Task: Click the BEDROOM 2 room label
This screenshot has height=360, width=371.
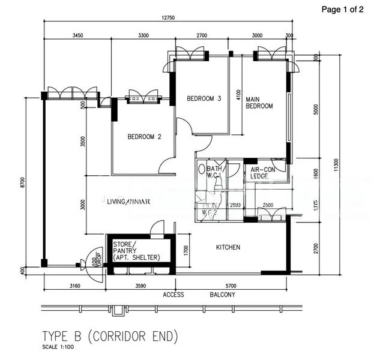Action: click(x=144, y=136)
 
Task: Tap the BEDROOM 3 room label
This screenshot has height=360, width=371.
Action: click(x=204, y=98)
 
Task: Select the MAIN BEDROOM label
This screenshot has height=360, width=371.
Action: click(x=259, y=103)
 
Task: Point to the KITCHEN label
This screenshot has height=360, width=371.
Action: click(x=228, y=247)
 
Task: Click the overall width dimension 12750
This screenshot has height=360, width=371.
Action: click(x=167, y=18)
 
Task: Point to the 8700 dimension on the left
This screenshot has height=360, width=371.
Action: click(x=22, y=181)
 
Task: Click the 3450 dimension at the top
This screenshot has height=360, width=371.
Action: click(x=77, y=36)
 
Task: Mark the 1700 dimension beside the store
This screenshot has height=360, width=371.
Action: click(x=187, y=249)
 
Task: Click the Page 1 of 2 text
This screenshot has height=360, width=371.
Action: click(x=342, y=9)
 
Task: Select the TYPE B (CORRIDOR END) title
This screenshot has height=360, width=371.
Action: click(x=110, y=334)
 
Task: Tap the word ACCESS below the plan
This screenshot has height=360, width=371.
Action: click(x=173, y=295)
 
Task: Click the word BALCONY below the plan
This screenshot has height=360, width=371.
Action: click(x=222, y=295)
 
